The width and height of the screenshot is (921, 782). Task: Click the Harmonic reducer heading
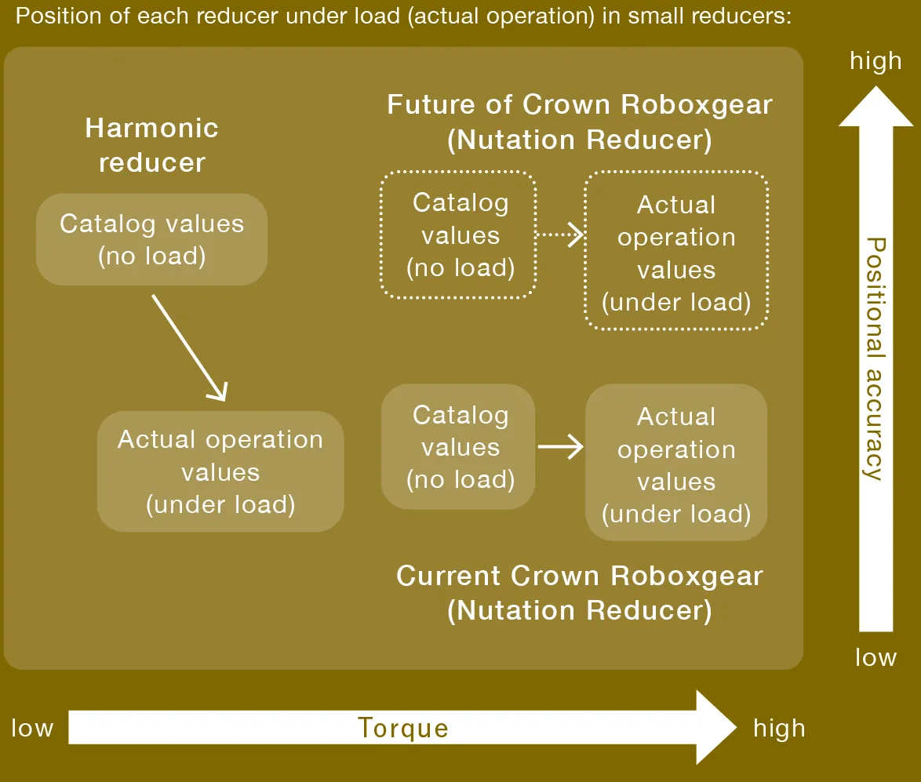[151, 145]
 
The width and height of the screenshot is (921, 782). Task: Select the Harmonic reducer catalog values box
[151, 239]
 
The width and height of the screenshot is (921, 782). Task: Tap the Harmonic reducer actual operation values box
[220, 471]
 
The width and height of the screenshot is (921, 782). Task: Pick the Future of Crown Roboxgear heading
[580, 122]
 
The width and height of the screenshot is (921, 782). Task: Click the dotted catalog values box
[460, 235]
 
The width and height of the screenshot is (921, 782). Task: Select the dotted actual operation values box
[675, 253]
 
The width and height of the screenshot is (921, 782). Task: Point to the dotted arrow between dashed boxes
[560, 235]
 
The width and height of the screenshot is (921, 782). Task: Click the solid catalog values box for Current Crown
[460, 447]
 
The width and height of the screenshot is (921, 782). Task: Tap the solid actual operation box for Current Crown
[675, 464]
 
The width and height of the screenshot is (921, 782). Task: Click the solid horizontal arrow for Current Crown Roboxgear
[560, 447]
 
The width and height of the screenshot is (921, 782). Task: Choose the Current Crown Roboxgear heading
[580, 593]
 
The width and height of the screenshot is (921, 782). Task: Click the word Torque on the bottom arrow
[402, 728]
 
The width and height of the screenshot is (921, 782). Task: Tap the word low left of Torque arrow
[32, 728]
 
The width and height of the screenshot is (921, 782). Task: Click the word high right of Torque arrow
[779, 728]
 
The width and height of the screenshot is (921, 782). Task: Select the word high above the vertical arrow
[875, 61]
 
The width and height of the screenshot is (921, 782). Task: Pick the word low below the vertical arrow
[875, 657]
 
